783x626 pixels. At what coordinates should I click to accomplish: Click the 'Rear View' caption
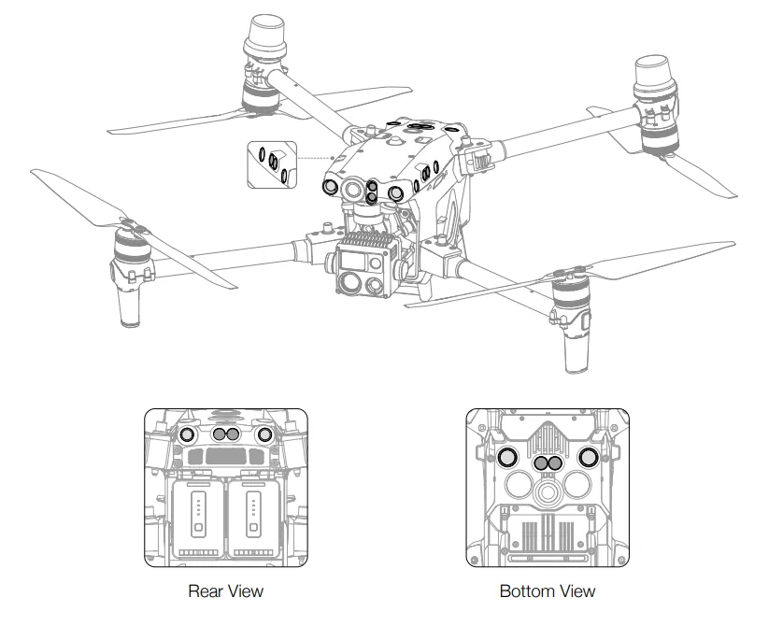tap(225, 590)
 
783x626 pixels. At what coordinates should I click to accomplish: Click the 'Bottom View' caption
tap(547, 590)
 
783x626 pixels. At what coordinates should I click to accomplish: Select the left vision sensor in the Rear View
tap(186, 434)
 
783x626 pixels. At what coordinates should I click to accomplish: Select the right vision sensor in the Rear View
tap(264, 434)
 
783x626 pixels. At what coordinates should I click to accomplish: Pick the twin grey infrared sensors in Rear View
tap(225, 434)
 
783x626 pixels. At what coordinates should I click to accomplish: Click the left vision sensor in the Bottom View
tap(506, 457)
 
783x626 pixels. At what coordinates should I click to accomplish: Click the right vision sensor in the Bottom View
tap(588, 457)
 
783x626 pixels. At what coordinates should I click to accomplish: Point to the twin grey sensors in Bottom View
tap(547, 463)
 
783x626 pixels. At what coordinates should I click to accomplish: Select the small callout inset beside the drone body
tap(271, 164)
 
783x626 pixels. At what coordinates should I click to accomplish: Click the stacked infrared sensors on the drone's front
tap(371, 192)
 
